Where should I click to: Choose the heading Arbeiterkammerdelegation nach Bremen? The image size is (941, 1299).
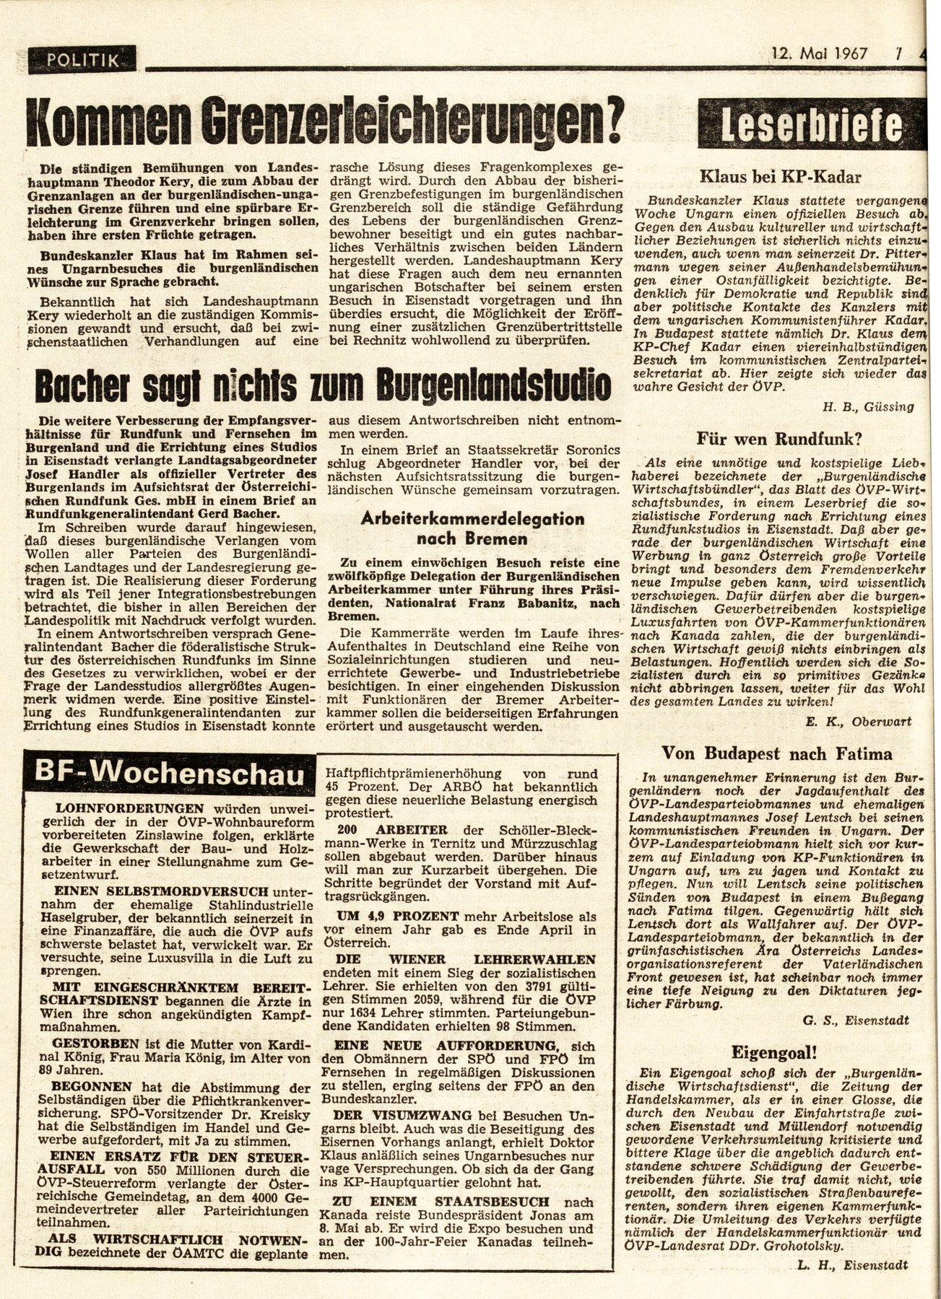472,528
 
